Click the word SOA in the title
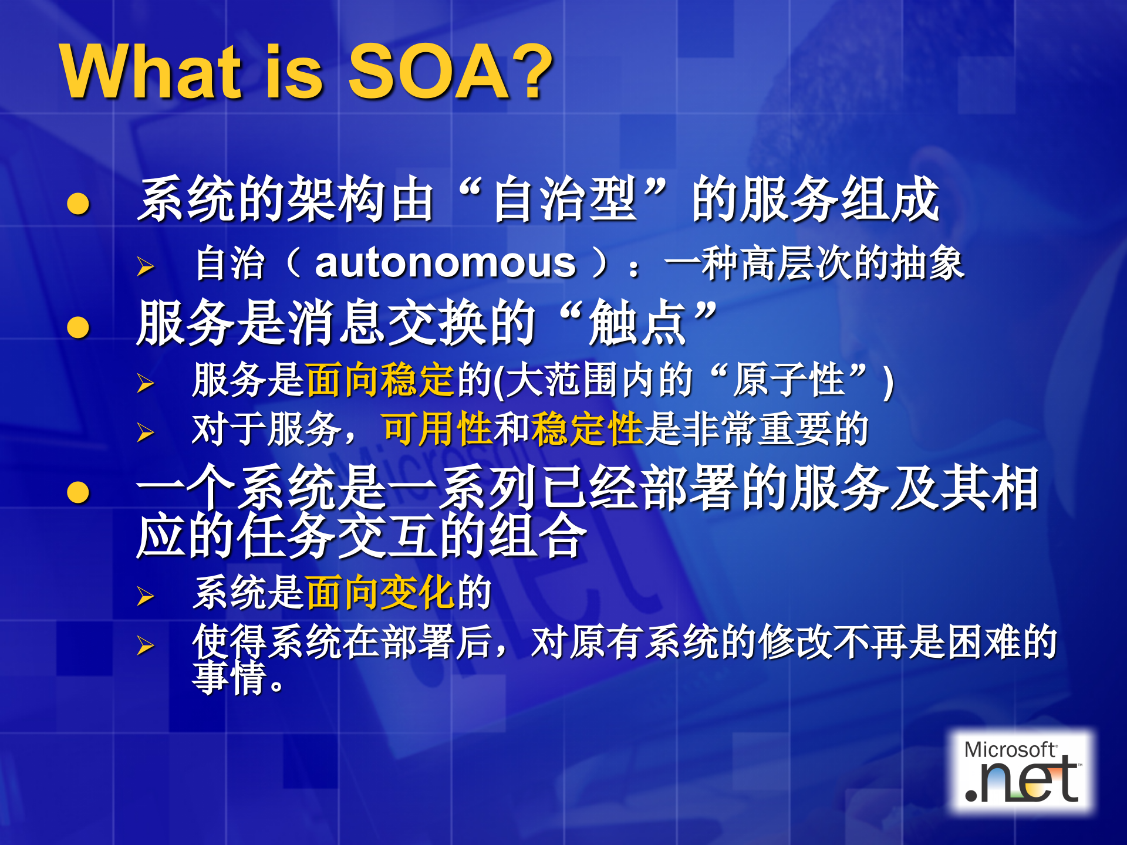pos(429,73)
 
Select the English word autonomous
pos(446,263)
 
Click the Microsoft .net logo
pos(1022,772)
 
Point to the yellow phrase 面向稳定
pos(380,380)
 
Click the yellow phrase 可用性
pos(437,429)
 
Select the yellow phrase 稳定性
pos(587,429)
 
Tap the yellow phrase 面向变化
pos(380,593)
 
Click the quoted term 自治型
pos(565,200)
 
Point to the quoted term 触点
pos(637,323)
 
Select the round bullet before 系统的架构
pos(78,204)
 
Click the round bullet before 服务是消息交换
pos(78,327)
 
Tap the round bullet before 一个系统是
pos(78,492)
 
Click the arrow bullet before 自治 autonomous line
pos(145,266)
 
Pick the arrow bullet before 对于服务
pos(145,433)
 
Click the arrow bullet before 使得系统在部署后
pos(145,645)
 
